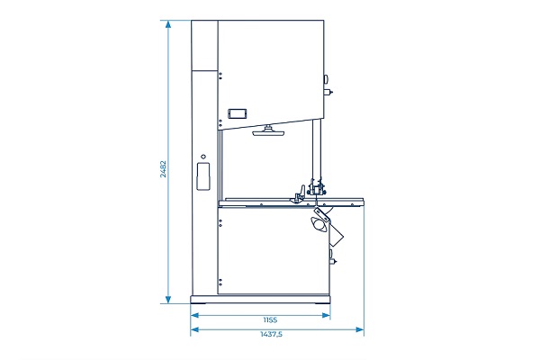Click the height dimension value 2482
click(x=163, y=169)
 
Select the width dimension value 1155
click(x=270, y=320)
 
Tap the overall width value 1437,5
click(x=272, y=334)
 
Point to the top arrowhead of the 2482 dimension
click(x=168, y=24)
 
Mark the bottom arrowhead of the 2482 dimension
click(x=168, y=300)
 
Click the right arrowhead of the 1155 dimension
click(x=326, y=315)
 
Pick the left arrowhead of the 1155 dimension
click(x=195, y=315)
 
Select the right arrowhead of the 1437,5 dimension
click(x=359, y=329)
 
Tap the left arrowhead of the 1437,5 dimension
click(x=195, y=329)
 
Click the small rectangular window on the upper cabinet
click(x=238, y=113)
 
